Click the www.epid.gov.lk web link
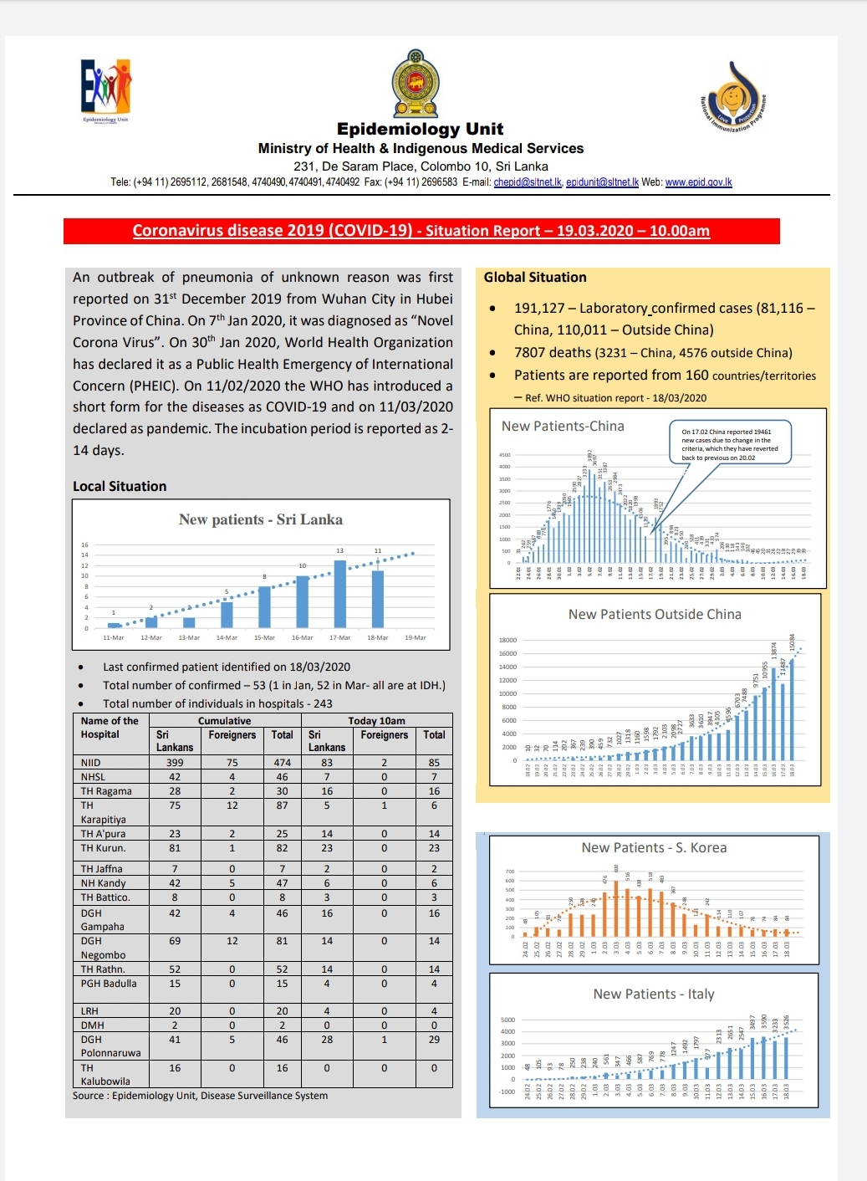coord(698,182)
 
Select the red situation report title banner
coord(421,231)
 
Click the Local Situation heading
coord(120,486)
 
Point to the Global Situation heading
coord(535,278)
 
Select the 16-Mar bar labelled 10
coord(303,601)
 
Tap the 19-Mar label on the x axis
coord(416,638)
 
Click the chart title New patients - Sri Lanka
coord(261,519)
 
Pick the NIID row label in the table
coord(91,763)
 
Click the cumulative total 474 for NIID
coord(283,763)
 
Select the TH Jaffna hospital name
coord(102,869)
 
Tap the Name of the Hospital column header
coord(110,728)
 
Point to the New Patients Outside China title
coord(655,615)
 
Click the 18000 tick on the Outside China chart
coord(507,641)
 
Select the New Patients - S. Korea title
coord(654,848)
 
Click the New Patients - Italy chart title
coord(654,994)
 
